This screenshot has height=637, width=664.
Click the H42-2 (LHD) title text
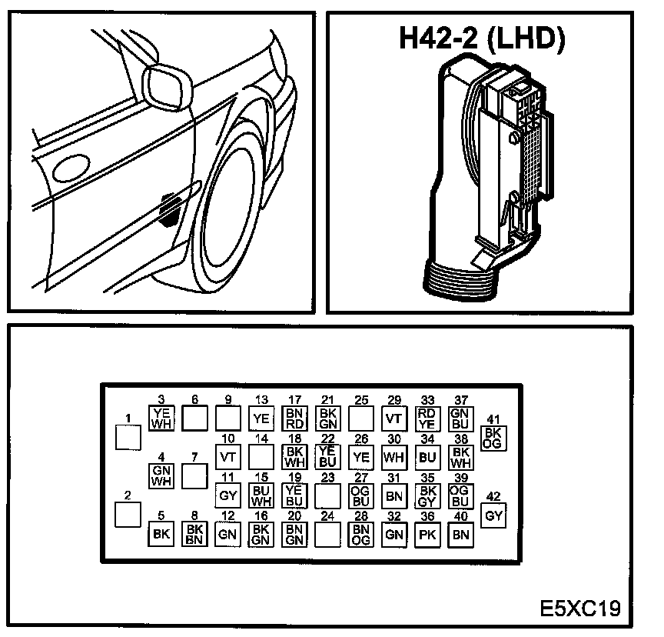pyautogui.click(x=482, y=38)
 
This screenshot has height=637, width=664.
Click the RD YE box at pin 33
pyautogui.click(x=427, y=417)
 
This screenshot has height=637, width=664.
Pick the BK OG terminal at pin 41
pyautogui.click(x=493, y=437)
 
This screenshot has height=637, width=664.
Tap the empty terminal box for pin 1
pyautogui.click(x=128, y=437)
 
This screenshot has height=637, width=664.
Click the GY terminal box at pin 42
pyautogui.click(x=493, y=515)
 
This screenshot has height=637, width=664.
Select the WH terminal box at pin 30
pyautogui.click(x=394, y=456)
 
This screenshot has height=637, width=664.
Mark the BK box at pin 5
pyautogui.click(x=161, y=533)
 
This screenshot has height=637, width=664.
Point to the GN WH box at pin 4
pyautogui.click(x=161, y=476)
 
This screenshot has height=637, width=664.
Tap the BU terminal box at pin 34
pyautogui.click(x=427, y=456)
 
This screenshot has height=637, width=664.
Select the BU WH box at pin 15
pyautogui.click(x=261, y=495)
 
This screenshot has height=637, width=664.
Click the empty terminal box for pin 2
pyautogui.click(x=128, y=515)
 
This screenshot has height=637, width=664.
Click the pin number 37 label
pyautogui.click(x=460, y=400)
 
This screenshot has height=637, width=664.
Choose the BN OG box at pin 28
pyautogui.click(x=361, y=533)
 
